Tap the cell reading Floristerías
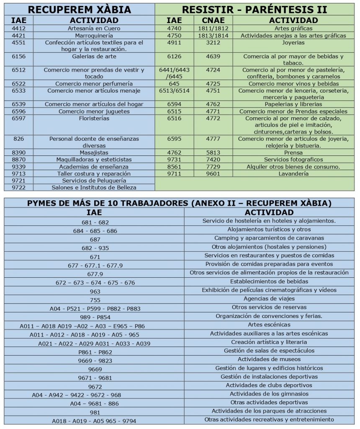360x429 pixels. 94,119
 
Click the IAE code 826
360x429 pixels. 19,139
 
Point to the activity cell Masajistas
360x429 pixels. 94,152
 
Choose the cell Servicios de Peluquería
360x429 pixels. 94,180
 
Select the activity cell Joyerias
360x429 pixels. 293,43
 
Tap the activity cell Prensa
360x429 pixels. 293,153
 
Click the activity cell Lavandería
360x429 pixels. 293,173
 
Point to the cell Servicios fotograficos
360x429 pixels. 293,160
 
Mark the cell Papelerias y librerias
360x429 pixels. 293,104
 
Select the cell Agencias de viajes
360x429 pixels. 269,299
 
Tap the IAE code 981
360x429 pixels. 95,412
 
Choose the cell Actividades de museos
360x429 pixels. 269,359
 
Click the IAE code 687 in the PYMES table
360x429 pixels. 95,240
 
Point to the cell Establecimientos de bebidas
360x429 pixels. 269,282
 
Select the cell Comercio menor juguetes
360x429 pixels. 94,111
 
